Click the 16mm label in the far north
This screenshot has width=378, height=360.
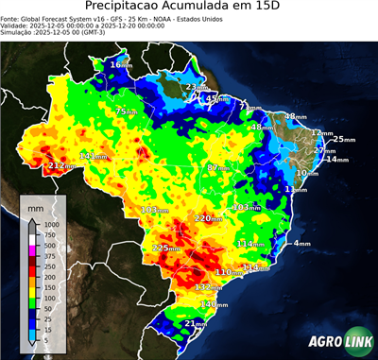tap(121, 64)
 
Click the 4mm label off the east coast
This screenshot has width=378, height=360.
tap(302, 244)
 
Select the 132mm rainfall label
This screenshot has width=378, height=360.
tap(208, 287)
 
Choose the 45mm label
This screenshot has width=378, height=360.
tap(216, 98)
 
